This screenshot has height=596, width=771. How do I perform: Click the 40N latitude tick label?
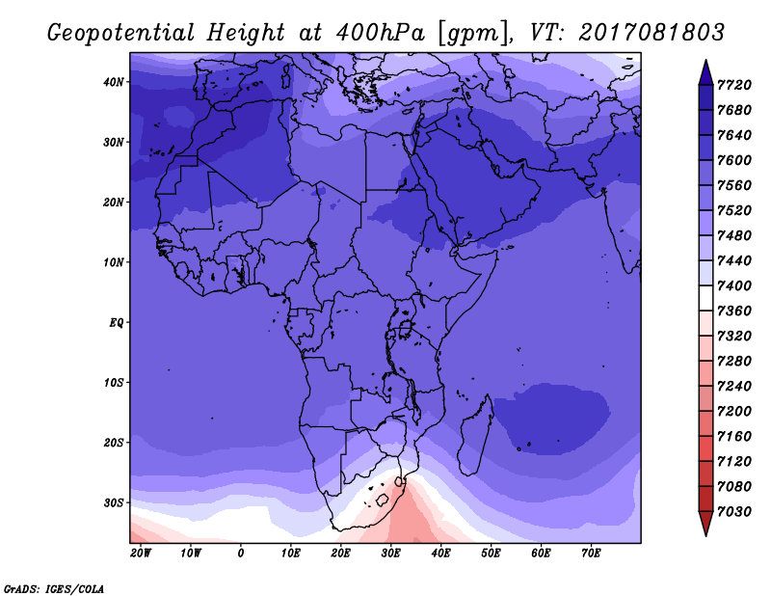(x=114, y=82)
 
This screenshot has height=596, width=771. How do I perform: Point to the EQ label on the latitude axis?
(x=117, y=323)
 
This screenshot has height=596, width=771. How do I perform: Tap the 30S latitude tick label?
(x=114, y=503)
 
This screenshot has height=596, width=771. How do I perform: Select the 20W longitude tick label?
(x=141, y=554)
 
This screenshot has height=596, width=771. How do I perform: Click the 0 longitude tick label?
(x=240, y=554)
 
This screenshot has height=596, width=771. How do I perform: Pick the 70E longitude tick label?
(x=591, y=554)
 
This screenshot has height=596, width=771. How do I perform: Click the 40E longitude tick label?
(x=440, y=554)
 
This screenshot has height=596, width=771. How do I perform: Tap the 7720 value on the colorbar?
(x=734, y=85)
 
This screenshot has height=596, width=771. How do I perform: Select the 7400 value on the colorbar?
(x=734, y=285)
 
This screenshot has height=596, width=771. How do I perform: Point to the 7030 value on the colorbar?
(x=734, y=512)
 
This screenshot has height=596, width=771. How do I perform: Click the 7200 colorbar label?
(x=734, y=412)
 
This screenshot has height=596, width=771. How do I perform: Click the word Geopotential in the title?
(x=121, y=34)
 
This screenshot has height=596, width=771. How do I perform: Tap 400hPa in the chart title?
(x=379, y=33)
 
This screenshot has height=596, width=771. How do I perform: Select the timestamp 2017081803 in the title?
(x=651, y=33)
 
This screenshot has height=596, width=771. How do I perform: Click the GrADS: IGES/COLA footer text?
(x=54, y=588)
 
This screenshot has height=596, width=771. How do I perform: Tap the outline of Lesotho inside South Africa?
(x=383, y=501)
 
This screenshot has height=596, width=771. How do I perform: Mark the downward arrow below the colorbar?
(x=705, y=524)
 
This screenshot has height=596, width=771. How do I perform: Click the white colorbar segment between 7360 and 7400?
(x=705, y=298)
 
